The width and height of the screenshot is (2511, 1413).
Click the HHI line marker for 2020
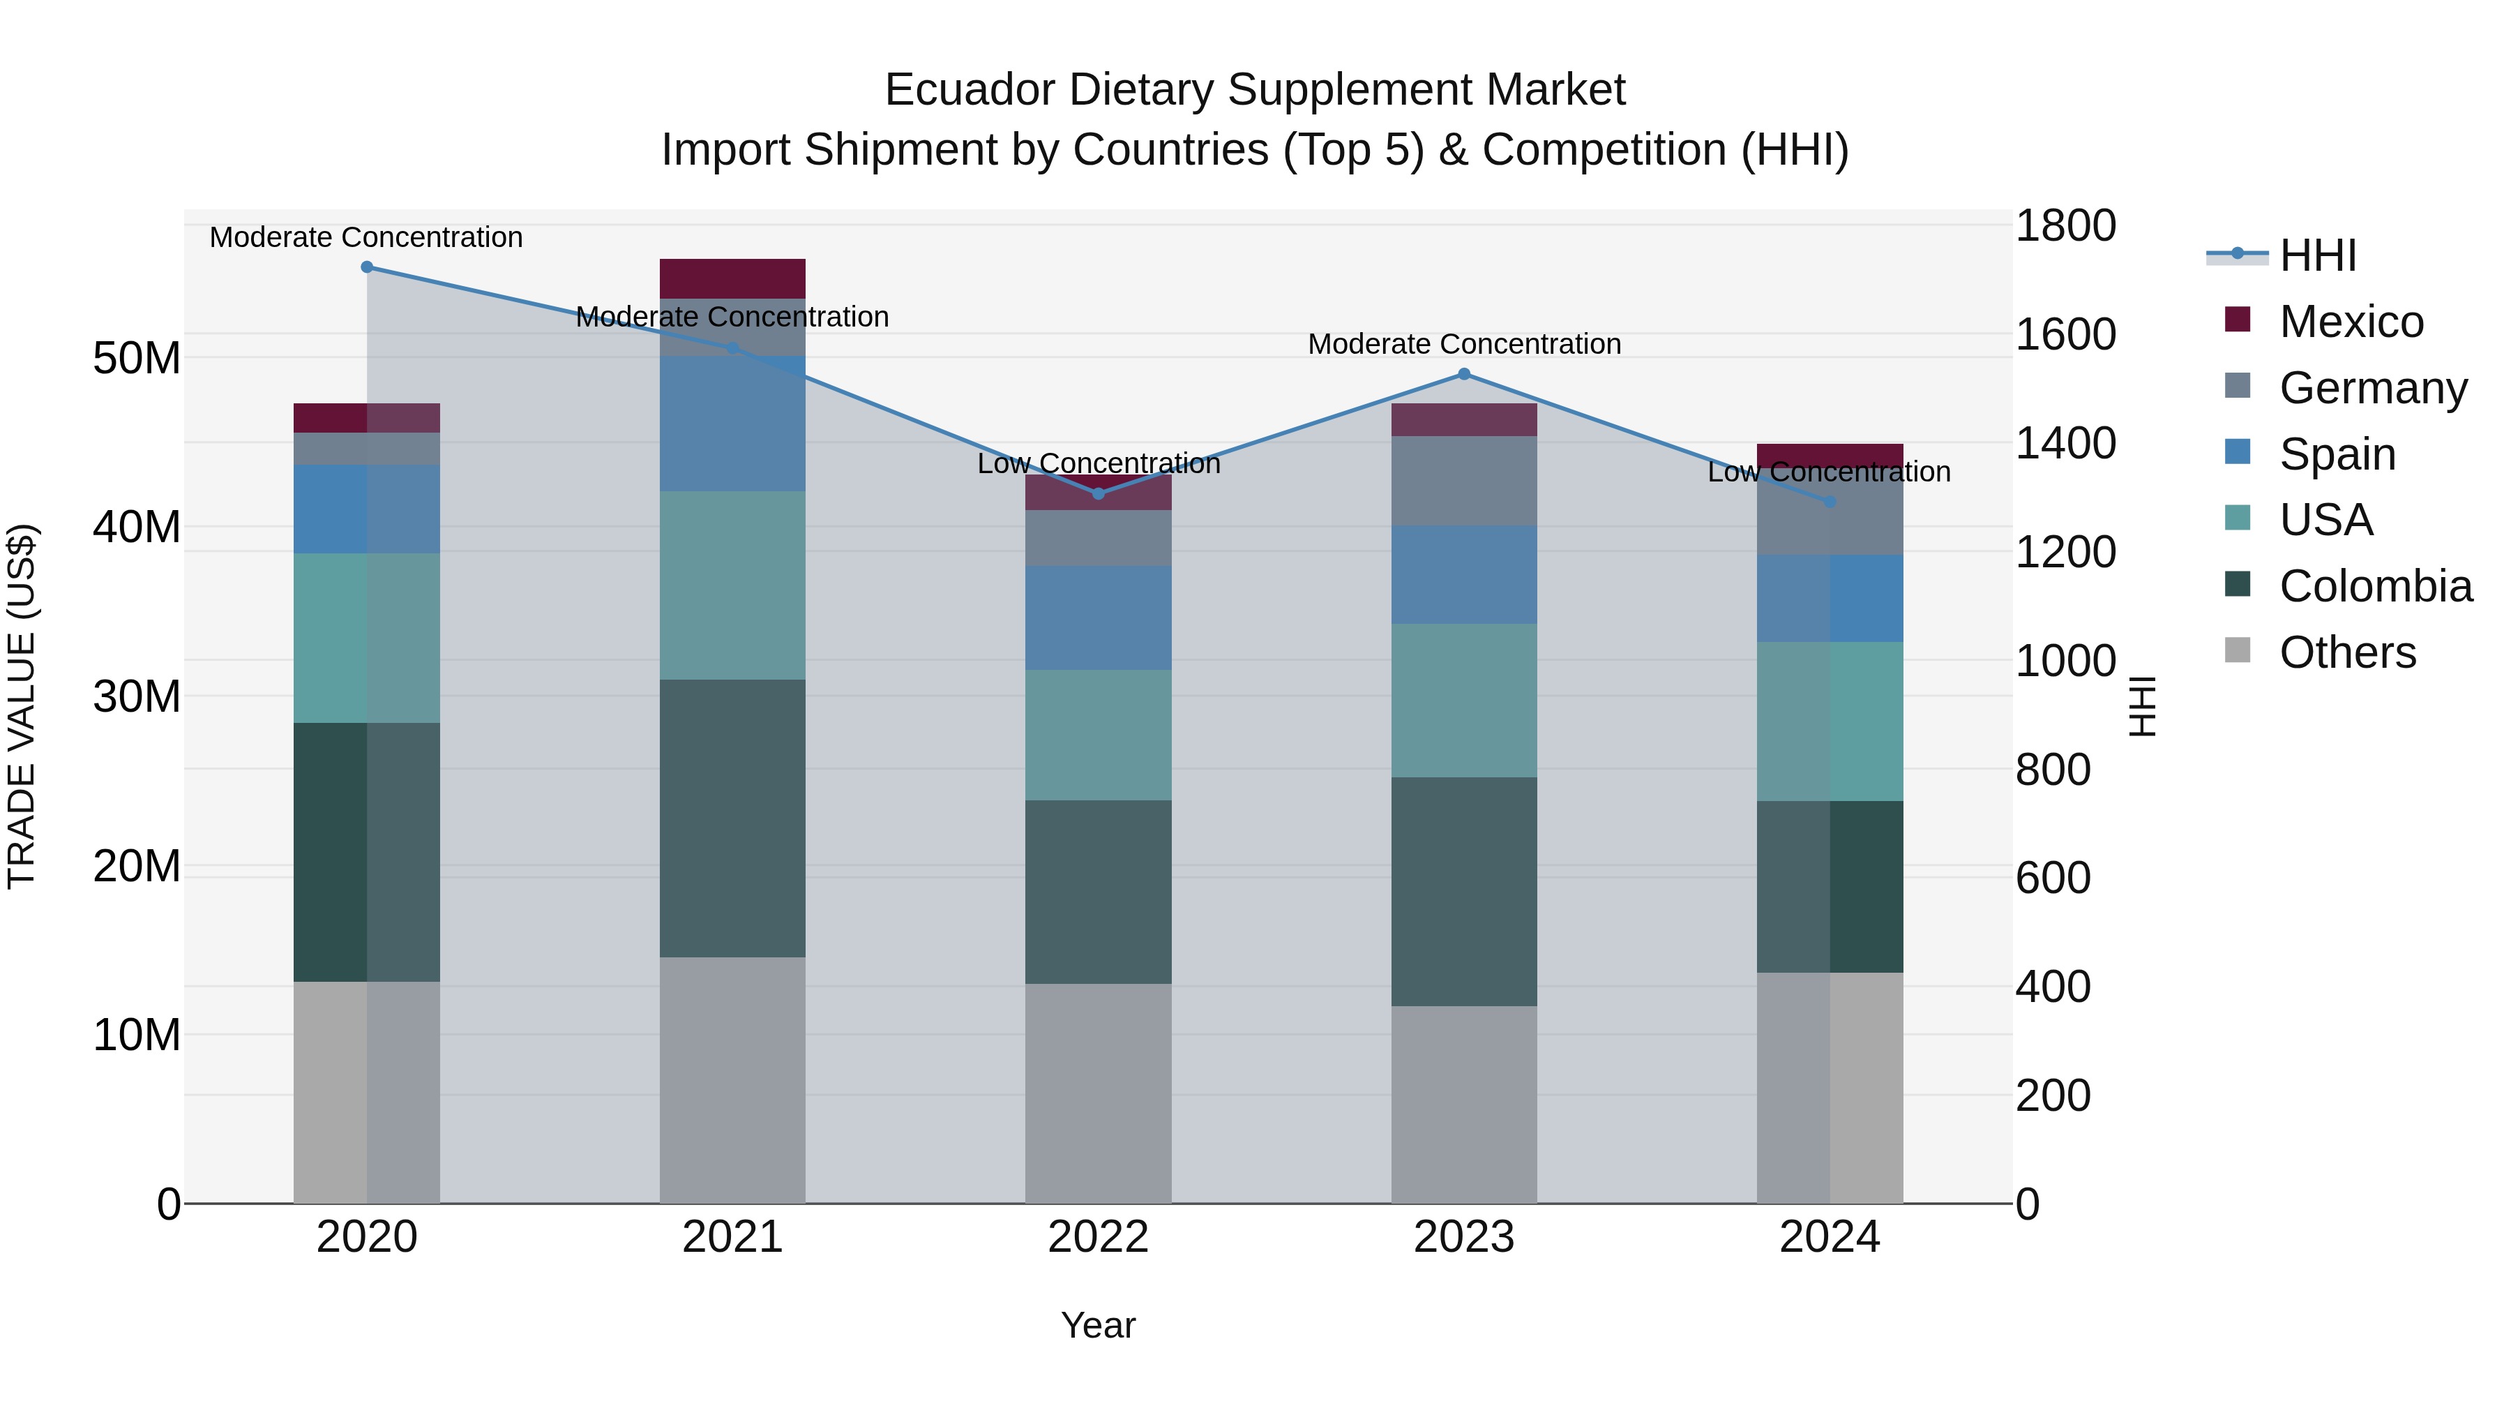tap(366, 267)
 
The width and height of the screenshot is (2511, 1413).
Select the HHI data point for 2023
tap(1463, 375)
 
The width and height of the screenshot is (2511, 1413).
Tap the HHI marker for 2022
tap(1098, 493)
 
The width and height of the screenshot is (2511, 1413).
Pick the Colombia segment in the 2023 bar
tap(1463, 890)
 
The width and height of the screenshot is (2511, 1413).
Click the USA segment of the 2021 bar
tap(732, 585)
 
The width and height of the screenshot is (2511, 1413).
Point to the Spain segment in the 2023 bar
tap(1463, 574)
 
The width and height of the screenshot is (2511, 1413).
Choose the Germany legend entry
tap(2373, 388)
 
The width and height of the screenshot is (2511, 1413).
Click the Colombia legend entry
tap(2374, 586)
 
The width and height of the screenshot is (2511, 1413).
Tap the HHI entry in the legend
tap(2317, 255)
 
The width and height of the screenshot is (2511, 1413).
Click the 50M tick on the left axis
tap(137, 359)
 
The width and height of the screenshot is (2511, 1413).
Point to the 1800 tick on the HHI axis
tap(2065, 226)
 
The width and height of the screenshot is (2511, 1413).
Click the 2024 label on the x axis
tap(1829, 1237)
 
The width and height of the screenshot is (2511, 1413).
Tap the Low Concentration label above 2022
tap(1098, 463)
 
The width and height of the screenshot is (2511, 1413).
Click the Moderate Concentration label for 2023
tap(1463, 344)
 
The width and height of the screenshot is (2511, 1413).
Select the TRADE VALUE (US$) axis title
tap(22, 706)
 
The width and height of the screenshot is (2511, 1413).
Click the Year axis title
tap(1098, 1325)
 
